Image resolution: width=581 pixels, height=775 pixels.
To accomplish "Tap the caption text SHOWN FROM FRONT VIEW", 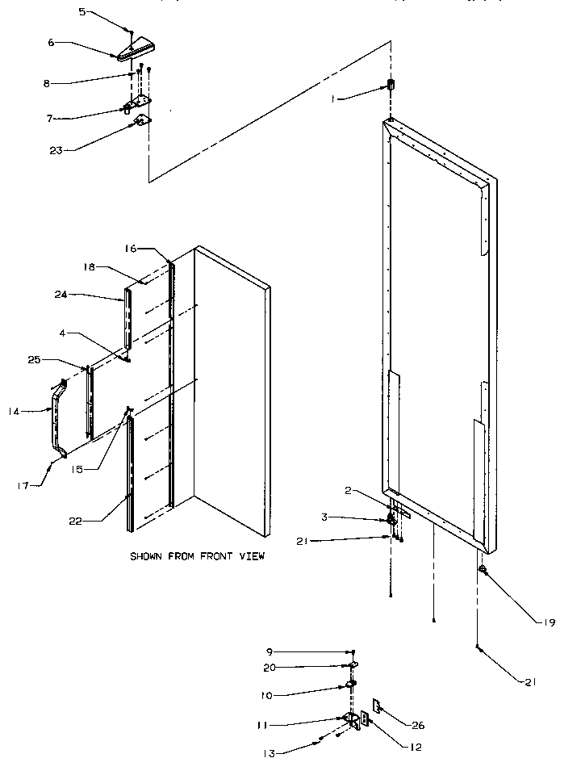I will point(197,556).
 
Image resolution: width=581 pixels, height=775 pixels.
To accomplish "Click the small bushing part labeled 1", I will point(391,85).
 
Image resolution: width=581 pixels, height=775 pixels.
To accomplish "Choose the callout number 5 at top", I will point(82,14).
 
